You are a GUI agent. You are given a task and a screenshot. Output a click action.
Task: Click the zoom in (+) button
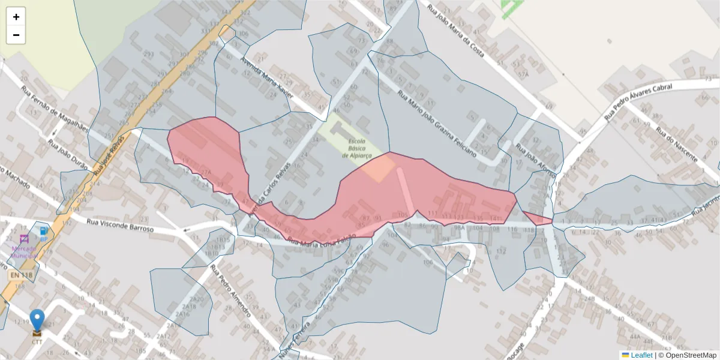(16, 17)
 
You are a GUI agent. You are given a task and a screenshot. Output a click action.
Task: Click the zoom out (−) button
(16, 35)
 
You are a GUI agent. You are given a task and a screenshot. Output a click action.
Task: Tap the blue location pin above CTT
(37, 320)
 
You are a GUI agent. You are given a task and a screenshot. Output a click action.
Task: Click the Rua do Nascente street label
(676, 144)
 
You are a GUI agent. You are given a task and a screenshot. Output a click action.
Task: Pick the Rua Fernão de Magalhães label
(55, 109)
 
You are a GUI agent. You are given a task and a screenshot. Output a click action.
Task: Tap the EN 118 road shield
(21, 275)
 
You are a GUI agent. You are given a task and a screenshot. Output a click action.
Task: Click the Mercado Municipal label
(24, 251)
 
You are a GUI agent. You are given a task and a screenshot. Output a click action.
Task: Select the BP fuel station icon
(44, 231)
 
